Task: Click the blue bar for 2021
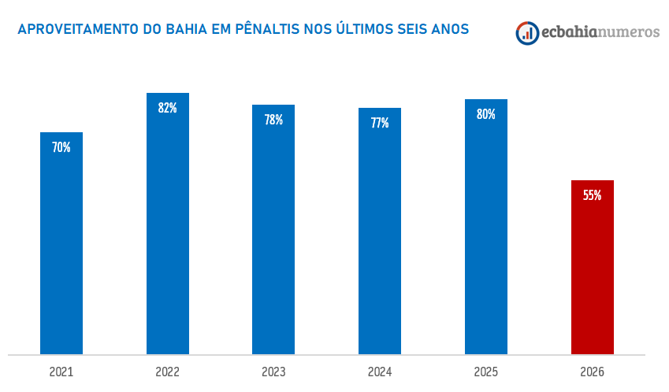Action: coord(61,252)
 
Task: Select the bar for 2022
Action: coord(168,236)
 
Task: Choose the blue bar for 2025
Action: coord(486,236)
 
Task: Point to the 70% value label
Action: coord(61,147)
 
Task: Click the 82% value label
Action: coord(168,108)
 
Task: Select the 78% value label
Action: coord(273,120)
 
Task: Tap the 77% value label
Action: coord(380,123)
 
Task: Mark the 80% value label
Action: coord(486,114)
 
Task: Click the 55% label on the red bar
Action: coord(593,195)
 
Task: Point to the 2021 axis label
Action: coord(61,372)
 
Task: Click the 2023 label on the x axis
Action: coord(273,372)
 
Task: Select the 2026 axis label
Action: coord(593,372)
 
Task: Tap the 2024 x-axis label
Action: coord(380,372)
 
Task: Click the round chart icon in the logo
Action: coord(527,32)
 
